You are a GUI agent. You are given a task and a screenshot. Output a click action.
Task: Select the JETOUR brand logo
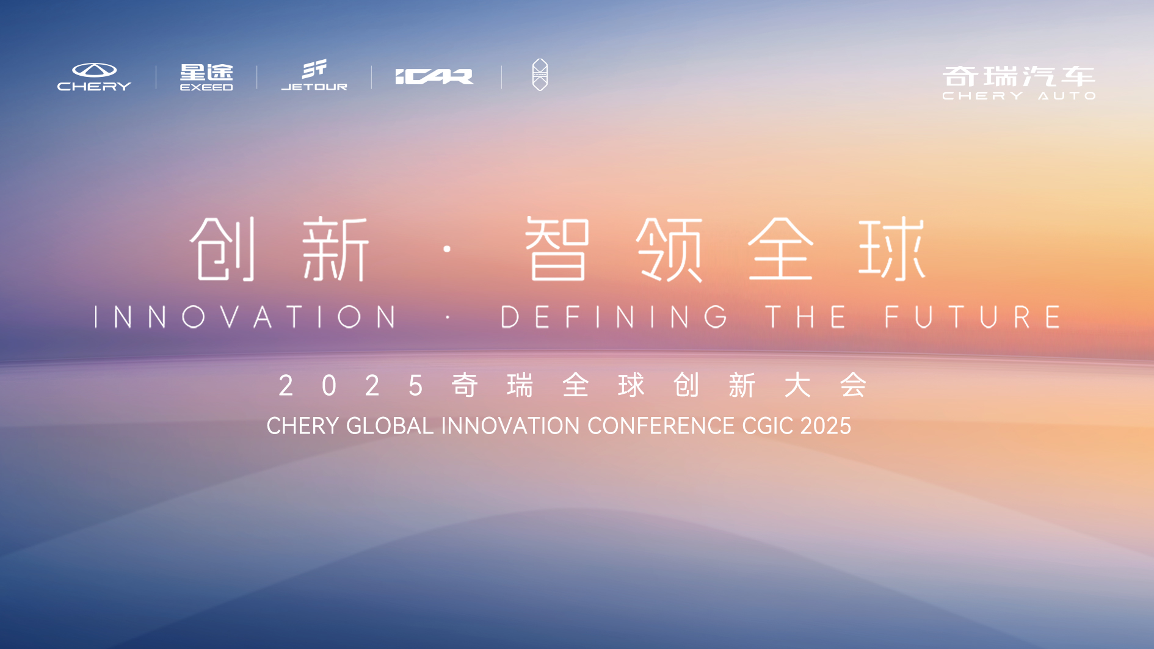point(314,75)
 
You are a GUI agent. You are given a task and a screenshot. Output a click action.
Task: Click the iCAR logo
point(434,77)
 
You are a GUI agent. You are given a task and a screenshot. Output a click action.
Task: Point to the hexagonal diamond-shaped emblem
point(540,75)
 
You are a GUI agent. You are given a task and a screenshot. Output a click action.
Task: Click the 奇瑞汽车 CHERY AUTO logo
point(1019,82)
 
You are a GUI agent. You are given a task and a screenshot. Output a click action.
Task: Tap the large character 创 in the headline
point(223,248)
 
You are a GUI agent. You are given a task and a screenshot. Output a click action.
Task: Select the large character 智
point(557,248)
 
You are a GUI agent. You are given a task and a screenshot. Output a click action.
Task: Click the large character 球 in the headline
point(892,248)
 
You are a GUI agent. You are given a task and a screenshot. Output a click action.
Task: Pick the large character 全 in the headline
point(781,248)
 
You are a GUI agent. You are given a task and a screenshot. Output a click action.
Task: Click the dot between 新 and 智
point(448,249)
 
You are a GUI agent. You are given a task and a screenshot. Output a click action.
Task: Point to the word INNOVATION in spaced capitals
point(246,317)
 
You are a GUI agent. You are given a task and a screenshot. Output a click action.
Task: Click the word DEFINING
point(614,317)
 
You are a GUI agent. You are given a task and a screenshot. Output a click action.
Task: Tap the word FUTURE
point(973,317)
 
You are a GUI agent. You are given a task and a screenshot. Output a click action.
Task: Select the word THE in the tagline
point(806,317)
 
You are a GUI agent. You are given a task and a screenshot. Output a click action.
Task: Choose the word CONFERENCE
point(661,426)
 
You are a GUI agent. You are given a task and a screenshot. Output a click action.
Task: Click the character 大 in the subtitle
point(797,385)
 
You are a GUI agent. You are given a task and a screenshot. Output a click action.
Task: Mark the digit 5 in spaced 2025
point(416,386)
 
